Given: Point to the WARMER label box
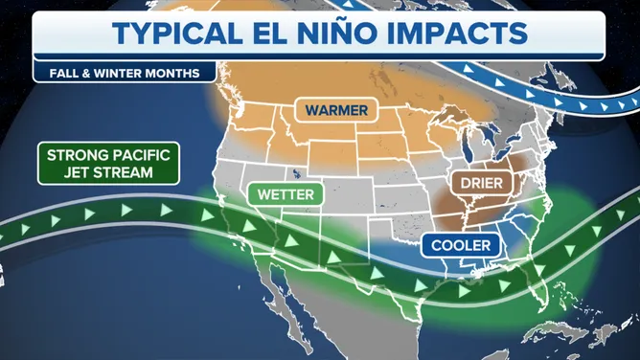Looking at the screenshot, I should (336, 110).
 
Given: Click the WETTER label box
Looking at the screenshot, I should (286, 193).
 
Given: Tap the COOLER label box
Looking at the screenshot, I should (461, 246).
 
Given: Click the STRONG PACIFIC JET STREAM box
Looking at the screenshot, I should (108, 163).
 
